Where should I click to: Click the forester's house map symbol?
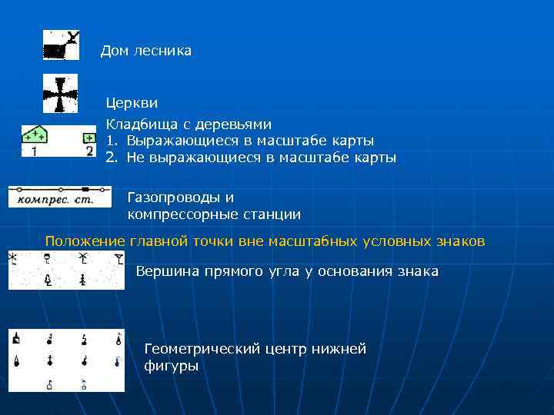click(x=61, y=45)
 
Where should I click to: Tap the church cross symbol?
click(x=59, y=95)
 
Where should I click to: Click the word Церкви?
click(x=132, y=102)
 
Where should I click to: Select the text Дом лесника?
click(x=146, y=51)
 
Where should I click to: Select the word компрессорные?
click(x=180, y=214)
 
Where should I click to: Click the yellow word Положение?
click(x=85, y=241)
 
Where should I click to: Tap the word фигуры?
click(x=171, y=366)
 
